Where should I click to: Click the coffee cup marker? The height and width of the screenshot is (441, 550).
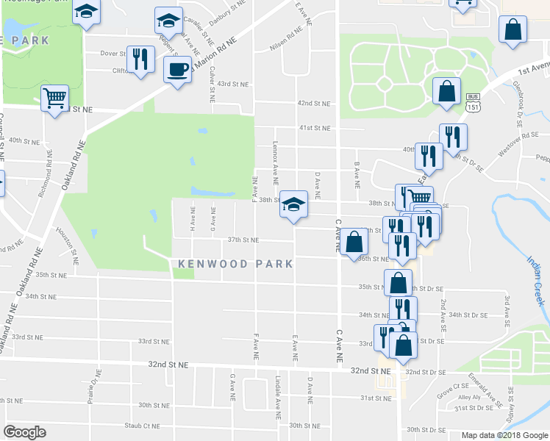coord(176,70)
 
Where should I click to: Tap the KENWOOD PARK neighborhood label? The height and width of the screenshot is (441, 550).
coord(235,263)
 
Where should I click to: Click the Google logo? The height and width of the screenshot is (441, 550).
coord(25,431)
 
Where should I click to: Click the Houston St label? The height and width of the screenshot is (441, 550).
coord(75,245)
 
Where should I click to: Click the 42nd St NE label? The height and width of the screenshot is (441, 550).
coord(315,104)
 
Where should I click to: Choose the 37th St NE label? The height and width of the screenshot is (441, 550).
coord(243,240)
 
